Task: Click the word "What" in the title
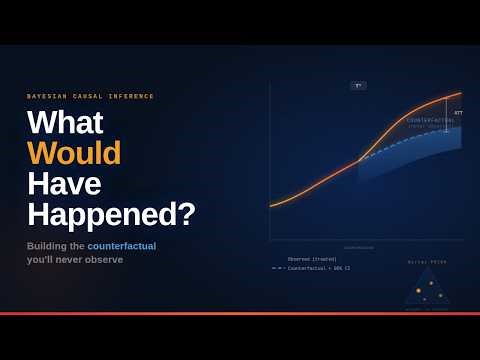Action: pos(65,122)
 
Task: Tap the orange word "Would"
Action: pos(74,153)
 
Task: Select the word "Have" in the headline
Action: pos(64,184)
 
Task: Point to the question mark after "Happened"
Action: pos(187,215)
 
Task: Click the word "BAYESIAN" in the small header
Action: pos(46,96)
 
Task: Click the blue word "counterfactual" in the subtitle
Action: pos(121,245)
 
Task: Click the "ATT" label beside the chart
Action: pos(458,113)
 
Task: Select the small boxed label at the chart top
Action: pos(358,85)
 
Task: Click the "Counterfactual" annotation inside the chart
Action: pos(430,120)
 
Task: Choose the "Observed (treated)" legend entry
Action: pos(312,259)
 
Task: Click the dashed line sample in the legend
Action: pos(277,268)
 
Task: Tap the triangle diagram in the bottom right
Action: pos(427,288)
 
